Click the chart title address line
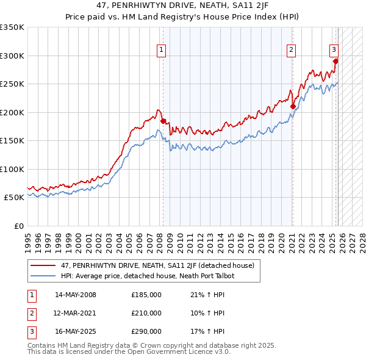click(x=182, y=5)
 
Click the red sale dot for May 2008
click(x=163, y=121)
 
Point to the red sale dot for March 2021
click(x=293, y=107)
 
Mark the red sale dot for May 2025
click(x=335, y=61)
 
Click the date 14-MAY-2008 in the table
click(x=76, y=295)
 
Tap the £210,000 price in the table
click(x=146, y=313)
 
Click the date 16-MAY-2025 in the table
click(x=76, y=331)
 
